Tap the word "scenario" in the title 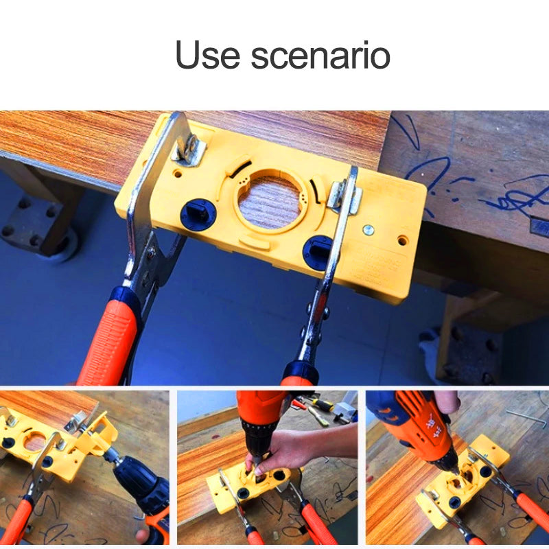[321, 55]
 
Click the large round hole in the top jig [270, 201]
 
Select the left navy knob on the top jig [198, 215]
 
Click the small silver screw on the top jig [370, 229]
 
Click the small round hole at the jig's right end [402, 242]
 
